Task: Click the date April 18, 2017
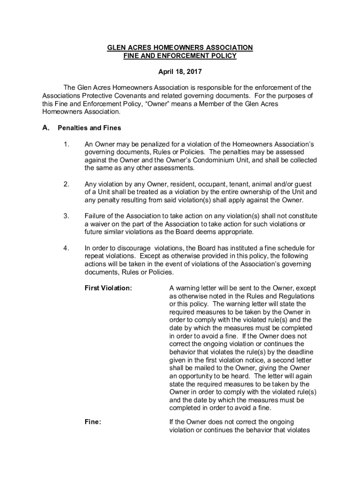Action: [180, 72]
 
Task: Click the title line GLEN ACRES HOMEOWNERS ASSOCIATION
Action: [180, 48]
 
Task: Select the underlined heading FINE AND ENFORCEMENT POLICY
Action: [180, 56]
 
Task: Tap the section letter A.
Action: [45, 128]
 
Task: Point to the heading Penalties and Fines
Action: [89, 128]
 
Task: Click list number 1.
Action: [66, 144]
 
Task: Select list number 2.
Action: [66, 184]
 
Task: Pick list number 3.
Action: [66, 216]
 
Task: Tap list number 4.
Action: [66, 248]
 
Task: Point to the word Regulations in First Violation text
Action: [284, 296]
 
